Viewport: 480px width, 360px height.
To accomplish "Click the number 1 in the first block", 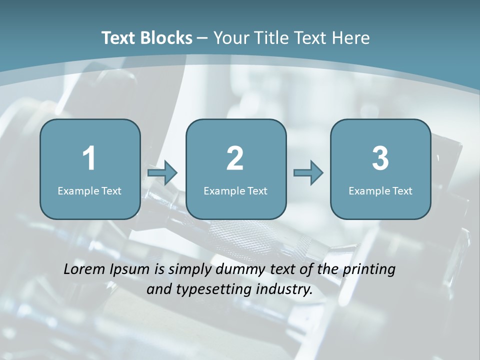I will (89, 158).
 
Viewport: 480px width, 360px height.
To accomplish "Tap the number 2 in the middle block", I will (235, 158).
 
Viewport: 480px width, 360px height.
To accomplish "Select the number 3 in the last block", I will (380, 158).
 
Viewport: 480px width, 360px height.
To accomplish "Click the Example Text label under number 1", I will (89, 191).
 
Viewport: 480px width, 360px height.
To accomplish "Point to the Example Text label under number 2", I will (235, 191).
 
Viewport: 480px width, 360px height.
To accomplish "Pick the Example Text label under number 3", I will (380, 191).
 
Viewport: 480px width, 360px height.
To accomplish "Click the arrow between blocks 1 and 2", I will (162, 173).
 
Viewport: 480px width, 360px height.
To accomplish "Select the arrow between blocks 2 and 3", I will (308, 173).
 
